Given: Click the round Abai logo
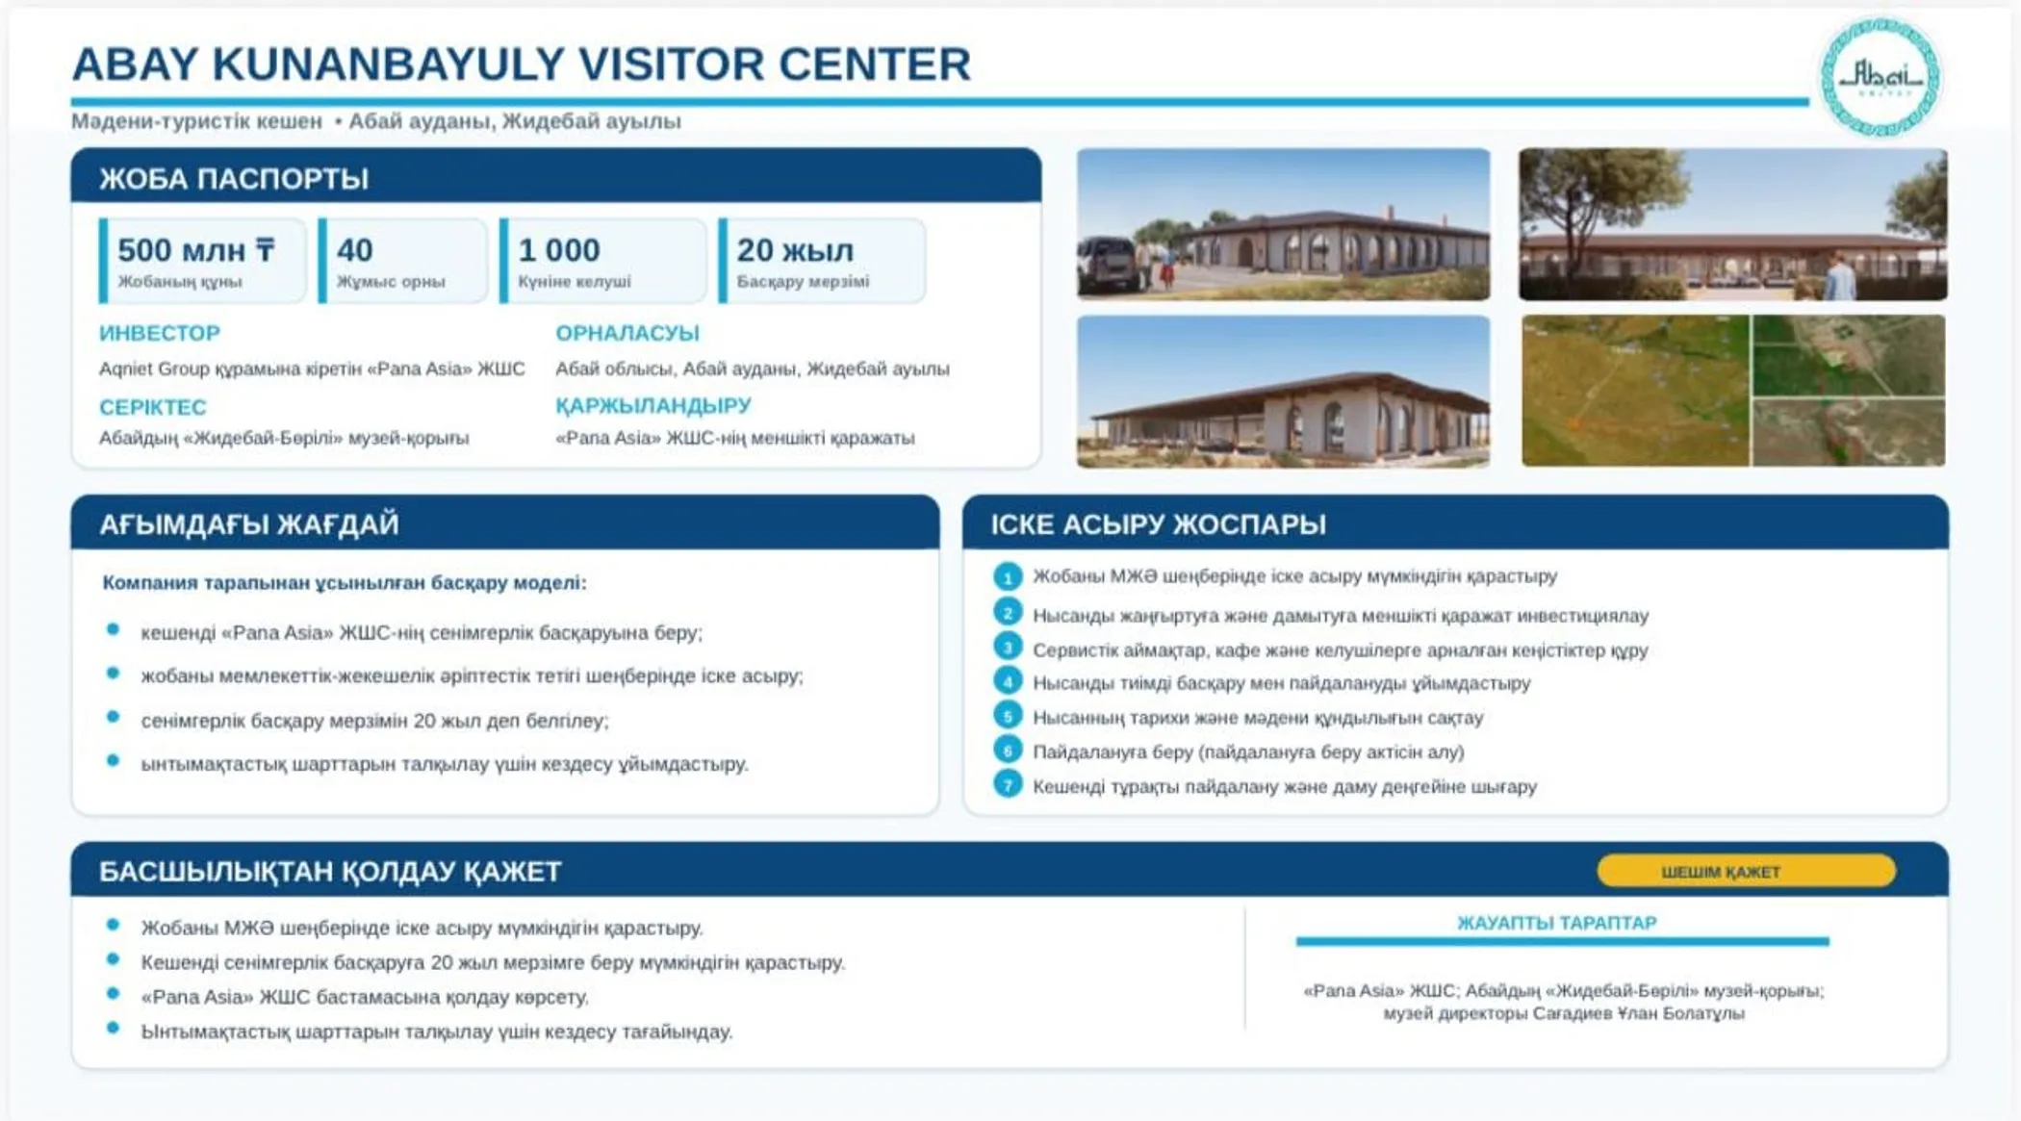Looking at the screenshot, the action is (1879, 77).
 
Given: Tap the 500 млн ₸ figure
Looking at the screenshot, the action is (196, 250).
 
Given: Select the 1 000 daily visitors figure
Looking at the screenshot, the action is (558, 250).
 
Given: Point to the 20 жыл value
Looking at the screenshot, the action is (795, 250).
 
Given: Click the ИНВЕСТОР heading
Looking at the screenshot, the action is (160, 333).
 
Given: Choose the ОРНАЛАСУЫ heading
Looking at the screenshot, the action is (627, 333).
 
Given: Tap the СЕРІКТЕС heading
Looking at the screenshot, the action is (153, 407).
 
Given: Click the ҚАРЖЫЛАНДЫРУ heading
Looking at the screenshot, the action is (653, 405).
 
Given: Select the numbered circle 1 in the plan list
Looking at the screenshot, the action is (1008, 576).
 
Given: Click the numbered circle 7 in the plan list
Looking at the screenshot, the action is (1008, 785).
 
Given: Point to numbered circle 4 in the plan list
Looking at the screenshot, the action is (1008, 681).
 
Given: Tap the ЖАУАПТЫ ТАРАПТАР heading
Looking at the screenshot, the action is (1557, 923).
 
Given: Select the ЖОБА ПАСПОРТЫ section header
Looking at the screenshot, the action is (234, 179).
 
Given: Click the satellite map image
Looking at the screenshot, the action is (1733, 391).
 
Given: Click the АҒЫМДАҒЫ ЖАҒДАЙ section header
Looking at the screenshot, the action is (248, 524).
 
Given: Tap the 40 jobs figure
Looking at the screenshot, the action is (354, 250).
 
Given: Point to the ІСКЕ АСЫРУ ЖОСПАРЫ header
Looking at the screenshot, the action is (1159, 524).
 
